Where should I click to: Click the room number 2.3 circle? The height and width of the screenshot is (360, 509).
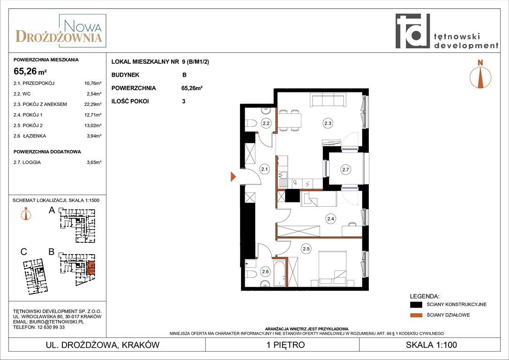pos(328,123)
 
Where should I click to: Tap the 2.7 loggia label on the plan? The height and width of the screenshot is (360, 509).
pos(345,169)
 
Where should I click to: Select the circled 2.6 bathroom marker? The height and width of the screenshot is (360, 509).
pos(265,272)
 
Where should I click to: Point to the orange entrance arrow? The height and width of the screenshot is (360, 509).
pos(233,177)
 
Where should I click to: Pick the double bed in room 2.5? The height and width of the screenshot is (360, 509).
pos(332,268)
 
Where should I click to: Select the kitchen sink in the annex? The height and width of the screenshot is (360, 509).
pos(283,179)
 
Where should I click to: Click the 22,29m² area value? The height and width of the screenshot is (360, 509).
pos(93,104)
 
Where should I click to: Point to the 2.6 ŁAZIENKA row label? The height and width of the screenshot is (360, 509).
pos(30,136)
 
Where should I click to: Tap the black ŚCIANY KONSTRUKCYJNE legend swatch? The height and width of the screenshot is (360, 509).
pos(416,305)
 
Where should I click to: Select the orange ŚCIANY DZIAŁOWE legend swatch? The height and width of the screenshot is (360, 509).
pos(416,315)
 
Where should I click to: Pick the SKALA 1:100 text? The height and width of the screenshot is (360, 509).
pos(431,345)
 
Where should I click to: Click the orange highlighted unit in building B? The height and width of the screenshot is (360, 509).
pos(91,268)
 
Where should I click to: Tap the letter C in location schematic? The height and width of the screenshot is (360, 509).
pos(24,252)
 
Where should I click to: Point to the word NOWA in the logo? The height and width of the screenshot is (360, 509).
pos(82,26)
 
